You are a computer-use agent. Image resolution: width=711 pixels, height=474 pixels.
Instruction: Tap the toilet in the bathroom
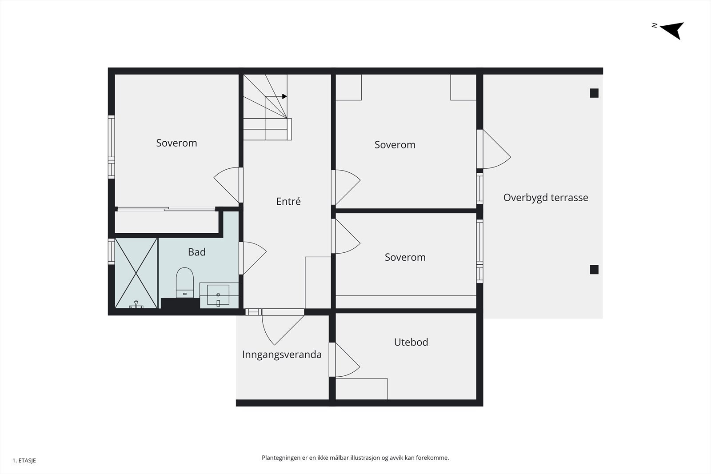pyautogui.click(x=185, y=283)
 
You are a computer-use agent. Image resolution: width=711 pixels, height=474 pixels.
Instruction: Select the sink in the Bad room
pyautogui.click(x=218, y=295)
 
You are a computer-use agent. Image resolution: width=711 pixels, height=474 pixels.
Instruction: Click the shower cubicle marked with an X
pyautogui.click(x=136, y=273)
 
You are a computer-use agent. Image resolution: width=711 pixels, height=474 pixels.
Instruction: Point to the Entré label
pyautogui.click(x=288, y=201)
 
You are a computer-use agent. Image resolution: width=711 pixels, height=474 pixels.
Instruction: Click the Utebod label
pyautogui.click(x=411, y=342)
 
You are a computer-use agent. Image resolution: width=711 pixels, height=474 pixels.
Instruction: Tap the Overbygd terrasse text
pyautogui.click(x=545, y=198)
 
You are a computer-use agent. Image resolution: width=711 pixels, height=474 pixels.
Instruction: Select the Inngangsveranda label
pyautogui.click(x=282, y=355)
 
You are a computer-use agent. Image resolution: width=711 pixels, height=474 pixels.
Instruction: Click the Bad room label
pyautogui.click(x=196, y=252)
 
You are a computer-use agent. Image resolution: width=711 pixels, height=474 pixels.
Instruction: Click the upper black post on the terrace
pyautogui.click(x=594, y=93)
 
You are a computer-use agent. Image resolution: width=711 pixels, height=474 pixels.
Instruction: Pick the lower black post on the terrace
pyautogui.click(x=594, y=270)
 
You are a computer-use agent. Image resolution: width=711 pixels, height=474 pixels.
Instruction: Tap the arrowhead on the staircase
pyautogui.click(x=284, y=96)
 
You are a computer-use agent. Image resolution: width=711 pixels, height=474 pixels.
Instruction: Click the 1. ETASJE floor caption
pyautogui.click(x=24, y=461)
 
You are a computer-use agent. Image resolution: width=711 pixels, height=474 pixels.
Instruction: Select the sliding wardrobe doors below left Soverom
pyautogui.click(x=165, y=209)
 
